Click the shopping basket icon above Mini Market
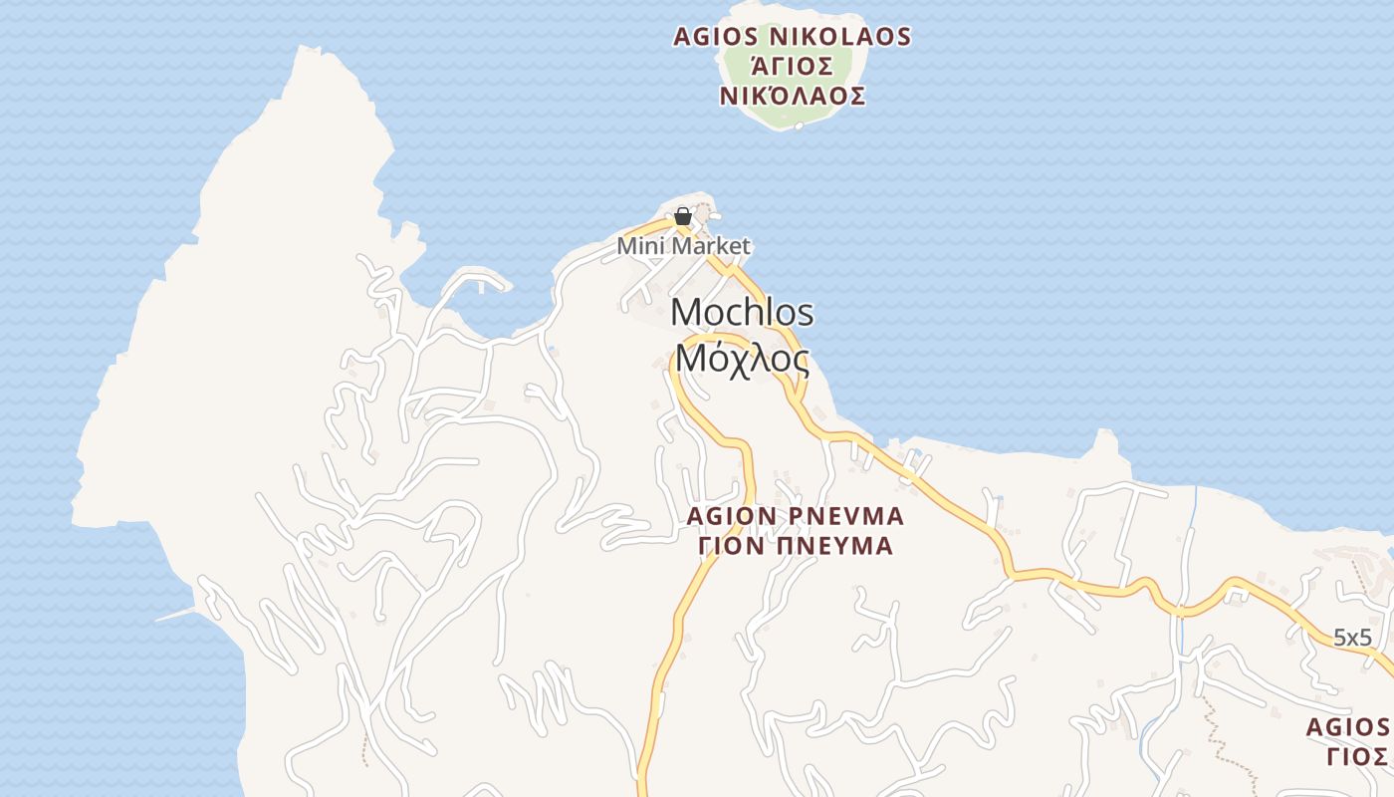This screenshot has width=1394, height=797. point(683,215)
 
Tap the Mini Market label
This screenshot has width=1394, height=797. point(683,245)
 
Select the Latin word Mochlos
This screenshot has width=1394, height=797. point(742,312)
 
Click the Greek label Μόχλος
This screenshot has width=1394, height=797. point(742,358)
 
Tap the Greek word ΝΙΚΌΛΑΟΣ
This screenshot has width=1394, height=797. point(792,97)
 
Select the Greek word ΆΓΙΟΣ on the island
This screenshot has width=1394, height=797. point(792,67)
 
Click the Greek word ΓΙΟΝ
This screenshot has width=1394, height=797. point(729,546)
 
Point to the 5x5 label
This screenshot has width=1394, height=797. point(1352,638)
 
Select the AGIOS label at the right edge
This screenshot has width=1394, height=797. point(1350,726)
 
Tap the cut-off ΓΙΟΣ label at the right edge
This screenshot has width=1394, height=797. point(1356,756)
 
